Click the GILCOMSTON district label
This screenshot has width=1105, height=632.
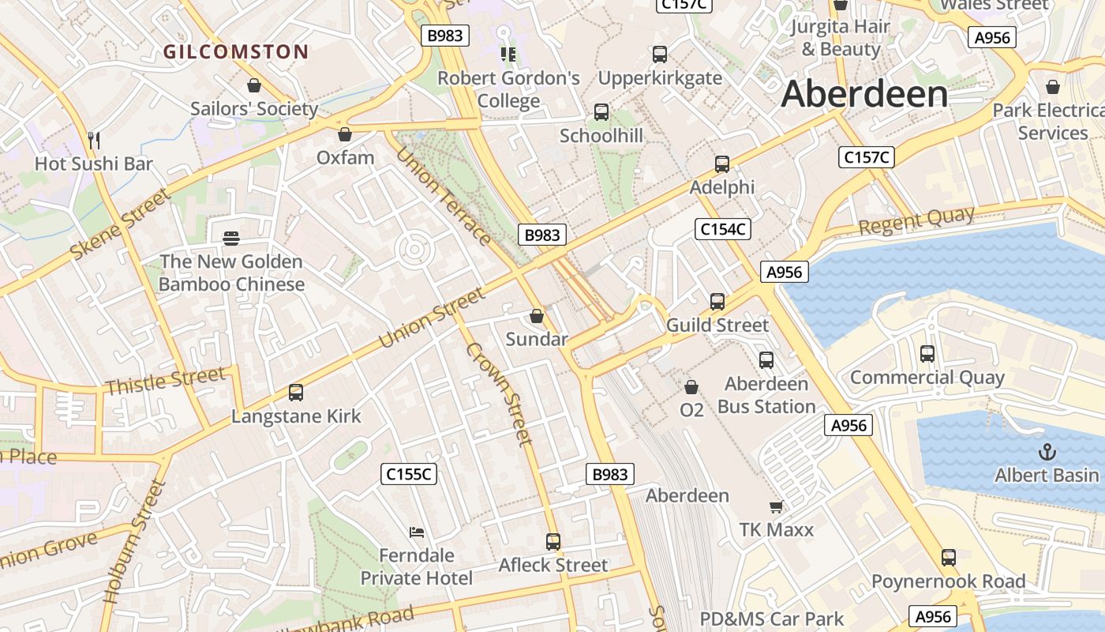coord(235,52)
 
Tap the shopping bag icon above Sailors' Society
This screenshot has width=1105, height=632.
coord(254,85)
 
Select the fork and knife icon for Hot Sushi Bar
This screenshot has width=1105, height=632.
coord(94,141)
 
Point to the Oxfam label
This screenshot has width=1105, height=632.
coord(345,158)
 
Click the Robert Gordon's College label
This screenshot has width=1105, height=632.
coord(508,89)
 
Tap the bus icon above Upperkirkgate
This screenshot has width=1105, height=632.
coord(660,55)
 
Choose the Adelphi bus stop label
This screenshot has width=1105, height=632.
coord(721,187)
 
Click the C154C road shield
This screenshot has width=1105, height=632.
coord(722,229)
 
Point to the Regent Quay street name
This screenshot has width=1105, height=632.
coord(916,222)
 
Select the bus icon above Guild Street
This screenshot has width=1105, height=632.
coord(717,301)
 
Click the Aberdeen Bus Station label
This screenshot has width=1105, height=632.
coord(766,395)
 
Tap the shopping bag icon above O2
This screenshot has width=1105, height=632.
coord(691,387)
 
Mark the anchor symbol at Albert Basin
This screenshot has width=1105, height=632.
coord(1047,452)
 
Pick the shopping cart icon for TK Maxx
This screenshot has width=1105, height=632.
coord(776,506)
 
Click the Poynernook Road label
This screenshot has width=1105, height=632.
coord(948,582)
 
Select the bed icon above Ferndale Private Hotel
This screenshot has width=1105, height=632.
coord(416,532)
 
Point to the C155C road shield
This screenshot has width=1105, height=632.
coord(408,474)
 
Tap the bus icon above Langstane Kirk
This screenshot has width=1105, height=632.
coord(296,392)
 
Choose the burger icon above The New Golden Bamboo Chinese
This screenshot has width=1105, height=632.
coord(231,238)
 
